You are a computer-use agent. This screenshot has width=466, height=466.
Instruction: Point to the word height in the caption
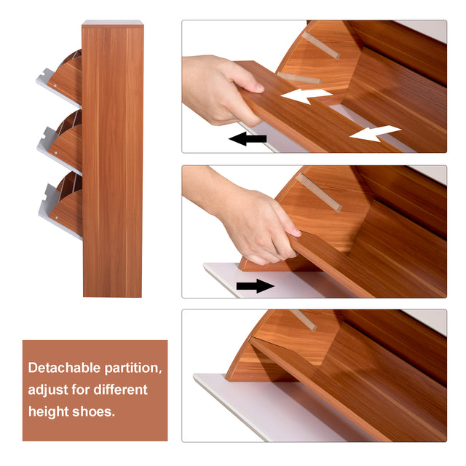click(49, 411)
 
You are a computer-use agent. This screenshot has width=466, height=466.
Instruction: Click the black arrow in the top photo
click(248, 138)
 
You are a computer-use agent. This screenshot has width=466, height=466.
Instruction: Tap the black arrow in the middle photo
click(256, 286)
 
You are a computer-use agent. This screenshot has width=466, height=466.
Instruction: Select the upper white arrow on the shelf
click(306, 95)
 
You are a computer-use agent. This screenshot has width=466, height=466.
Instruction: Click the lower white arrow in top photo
click(374, 133)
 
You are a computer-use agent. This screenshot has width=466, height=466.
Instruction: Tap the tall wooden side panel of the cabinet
click(112, 160)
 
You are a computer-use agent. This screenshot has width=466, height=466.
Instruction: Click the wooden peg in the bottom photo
click(301, 320)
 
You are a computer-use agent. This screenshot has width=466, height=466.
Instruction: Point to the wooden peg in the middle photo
click(317, 191)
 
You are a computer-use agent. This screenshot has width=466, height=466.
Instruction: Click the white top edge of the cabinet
click(112, 23)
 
